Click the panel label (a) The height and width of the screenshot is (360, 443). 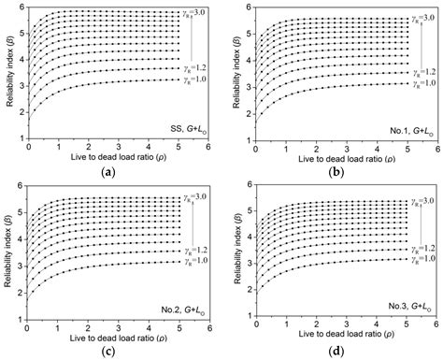coord(111,174)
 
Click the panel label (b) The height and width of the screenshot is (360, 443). coord(334,174)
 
